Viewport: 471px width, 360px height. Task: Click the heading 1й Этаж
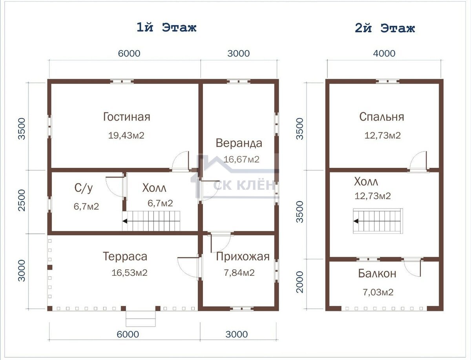166,28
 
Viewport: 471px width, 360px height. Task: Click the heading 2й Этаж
385,28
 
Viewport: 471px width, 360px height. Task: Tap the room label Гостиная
127,117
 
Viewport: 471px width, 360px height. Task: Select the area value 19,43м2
126,136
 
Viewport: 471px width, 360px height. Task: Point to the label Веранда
239,143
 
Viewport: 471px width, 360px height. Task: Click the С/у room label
84,188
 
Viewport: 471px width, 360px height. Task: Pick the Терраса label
125,256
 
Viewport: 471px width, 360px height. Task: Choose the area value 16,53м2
130,273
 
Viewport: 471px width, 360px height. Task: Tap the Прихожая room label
243,256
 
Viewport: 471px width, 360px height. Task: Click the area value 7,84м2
239,273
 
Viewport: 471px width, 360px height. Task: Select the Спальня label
382,117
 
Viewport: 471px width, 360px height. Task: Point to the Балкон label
377,273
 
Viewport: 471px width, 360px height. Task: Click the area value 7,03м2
378,292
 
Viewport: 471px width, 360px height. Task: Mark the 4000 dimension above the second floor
384,53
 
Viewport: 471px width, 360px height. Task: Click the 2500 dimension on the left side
22,200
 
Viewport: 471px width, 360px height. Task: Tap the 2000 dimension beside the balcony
300,282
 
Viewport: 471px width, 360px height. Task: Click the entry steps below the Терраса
141,319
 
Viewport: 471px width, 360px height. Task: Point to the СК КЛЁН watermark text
244,185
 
